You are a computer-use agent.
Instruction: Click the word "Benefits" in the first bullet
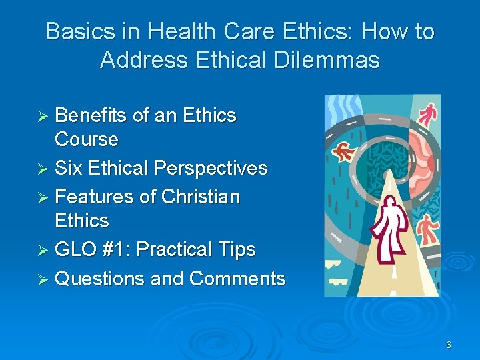91,115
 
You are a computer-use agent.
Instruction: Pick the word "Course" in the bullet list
87,139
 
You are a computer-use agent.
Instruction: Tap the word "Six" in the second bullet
68,168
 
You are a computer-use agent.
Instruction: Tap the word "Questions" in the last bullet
100,278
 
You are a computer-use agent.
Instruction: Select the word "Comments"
237,278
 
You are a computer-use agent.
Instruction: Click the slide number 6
449,345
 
